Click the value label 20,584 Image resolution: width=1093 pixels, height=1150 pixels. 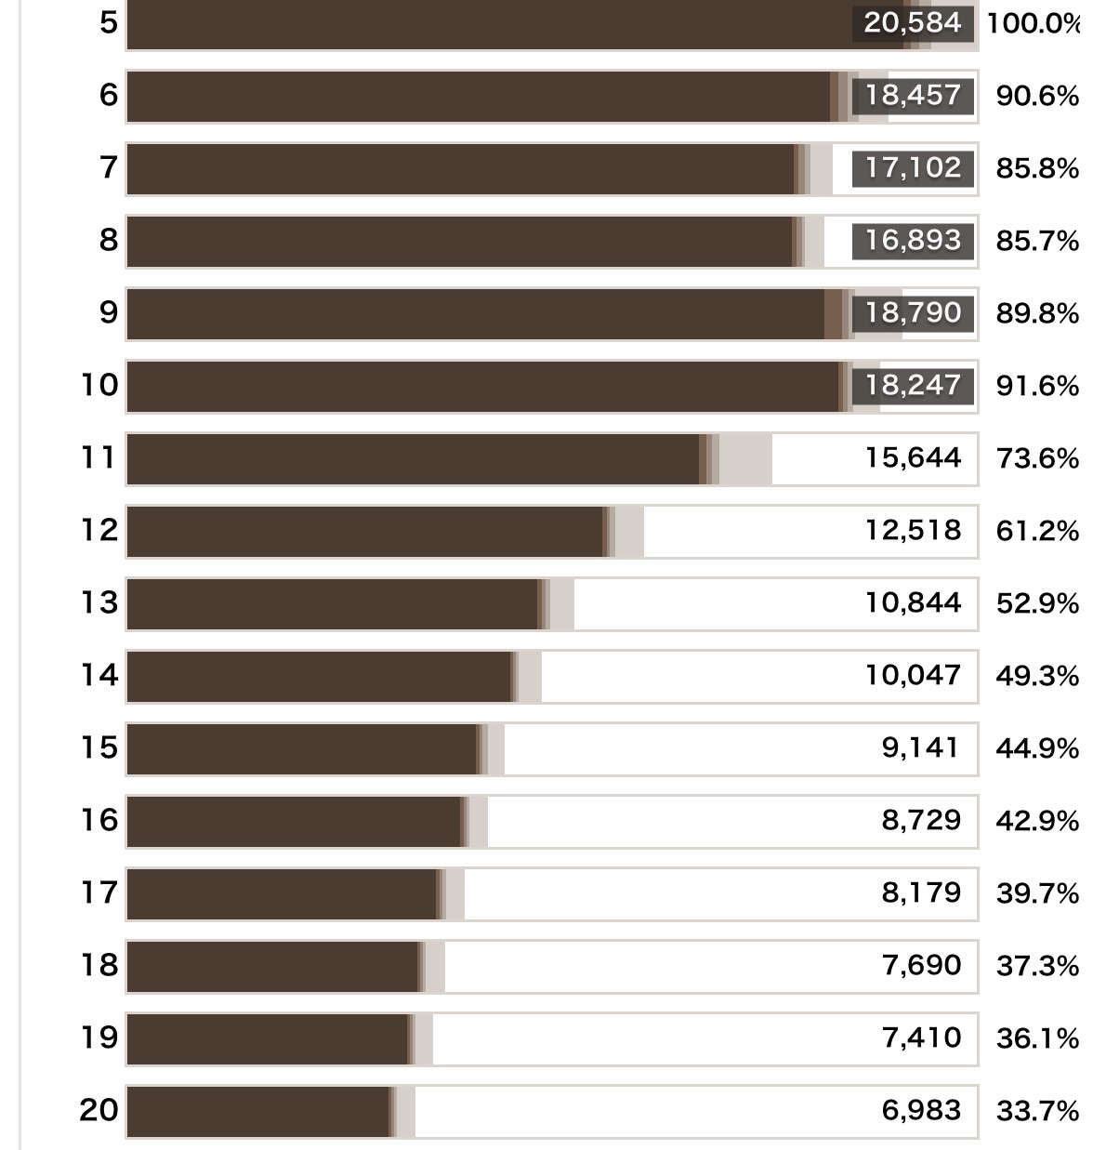tap(912, 23)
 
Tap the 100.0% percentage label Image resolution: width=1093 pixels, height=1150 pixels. tap(1034, 24)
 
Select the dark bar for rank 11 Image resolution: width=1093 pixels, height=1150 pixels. tap(413, 459)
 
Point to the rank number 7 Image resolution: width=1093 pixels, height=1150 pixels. tap(108, 167)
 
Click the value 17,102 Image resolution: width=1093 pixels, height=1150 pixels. tap(913, 168)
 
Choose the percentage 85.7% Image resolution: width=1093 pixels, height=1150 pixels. tap(1037, 241)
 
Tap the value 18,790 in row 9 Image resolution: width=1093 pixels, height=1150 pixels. tap(913, 313)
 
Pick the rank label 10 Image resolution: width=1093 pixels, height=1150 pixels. tap(99, 385)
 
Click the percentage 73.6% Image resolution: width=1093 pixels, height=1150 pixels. tap(1037, 458)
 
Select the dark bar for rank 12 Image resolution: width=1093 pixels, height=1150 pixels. tap(365, 532)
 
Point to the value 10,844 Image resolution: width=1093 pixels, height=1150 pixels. tap(913, 603)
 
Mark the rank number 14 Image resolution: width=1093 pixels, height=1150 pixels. tap(99, 675)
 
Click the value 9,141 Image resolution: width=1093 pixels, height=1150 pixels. tap(920, 748)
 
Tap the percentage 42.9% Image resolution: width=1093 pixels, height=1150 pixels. tap(1037, 821)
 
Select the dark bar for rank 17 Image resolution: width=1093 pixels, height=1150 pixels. tap(282, 894)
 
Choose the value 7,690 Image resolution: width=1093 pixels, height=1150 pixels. tap(921, 966)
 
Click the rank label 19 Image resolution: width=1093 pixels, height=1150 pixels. tap(99, 1038)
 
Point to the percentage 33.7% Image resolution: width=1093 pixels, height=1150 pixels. tap(1037, 1111)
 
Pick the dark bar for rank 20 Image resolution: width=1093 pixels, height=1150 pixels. tap(258, 1112)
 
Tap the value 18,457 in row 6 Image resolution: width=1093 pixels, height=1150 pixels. tap(913, 96)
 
